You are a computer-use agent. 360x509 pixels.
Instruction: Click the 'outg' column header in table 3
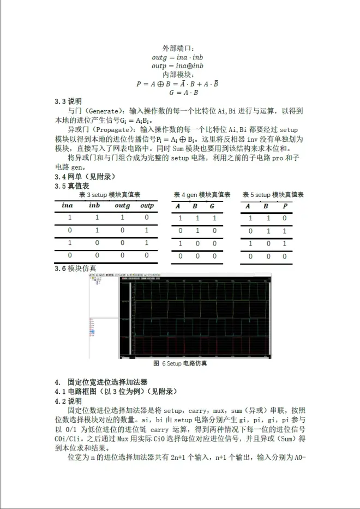(x=122, y=206)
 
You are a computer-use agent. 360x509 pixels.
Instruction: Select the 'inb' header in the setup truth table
(x=94, y=206)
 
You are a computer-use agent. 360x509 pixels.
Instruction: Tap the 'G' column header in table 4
(x=212, y=206)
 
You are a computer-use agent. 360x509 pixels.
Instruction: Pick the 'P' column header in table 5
(x=284, y=206)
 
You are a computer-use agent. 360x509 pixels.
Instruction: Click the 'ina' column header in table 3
(x=67, y=206)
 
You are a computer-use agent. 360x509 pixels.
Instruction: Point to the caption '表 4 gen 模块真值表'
(x=202, y=195)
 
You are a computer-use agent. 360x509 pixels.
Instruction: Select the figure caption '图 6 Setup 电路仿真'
(x=180, y=363)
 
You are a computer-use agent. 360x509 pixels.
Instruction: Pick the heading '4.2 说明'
(x=68, y=400)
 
